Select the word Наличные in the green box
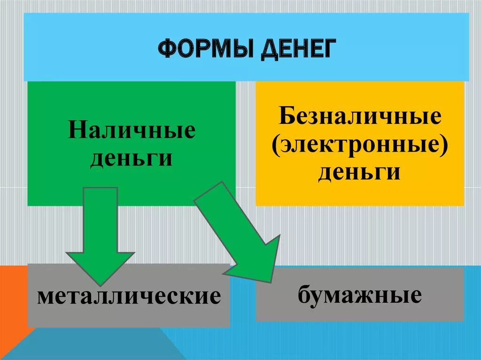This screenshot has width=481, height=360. pyautogui.click(x=132, y=131)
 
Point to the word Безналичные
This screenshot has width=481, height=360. pyautogui.click(x=360, y=116)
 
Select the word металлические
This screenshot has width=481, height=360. pyautogui.click(x=129, y=297)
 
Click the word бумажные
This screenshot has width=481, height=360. pyautogui.click(x=359, y=295)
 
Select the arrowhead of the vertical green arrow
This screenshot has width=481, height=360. pyautogui.click(x=100, y=268)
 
